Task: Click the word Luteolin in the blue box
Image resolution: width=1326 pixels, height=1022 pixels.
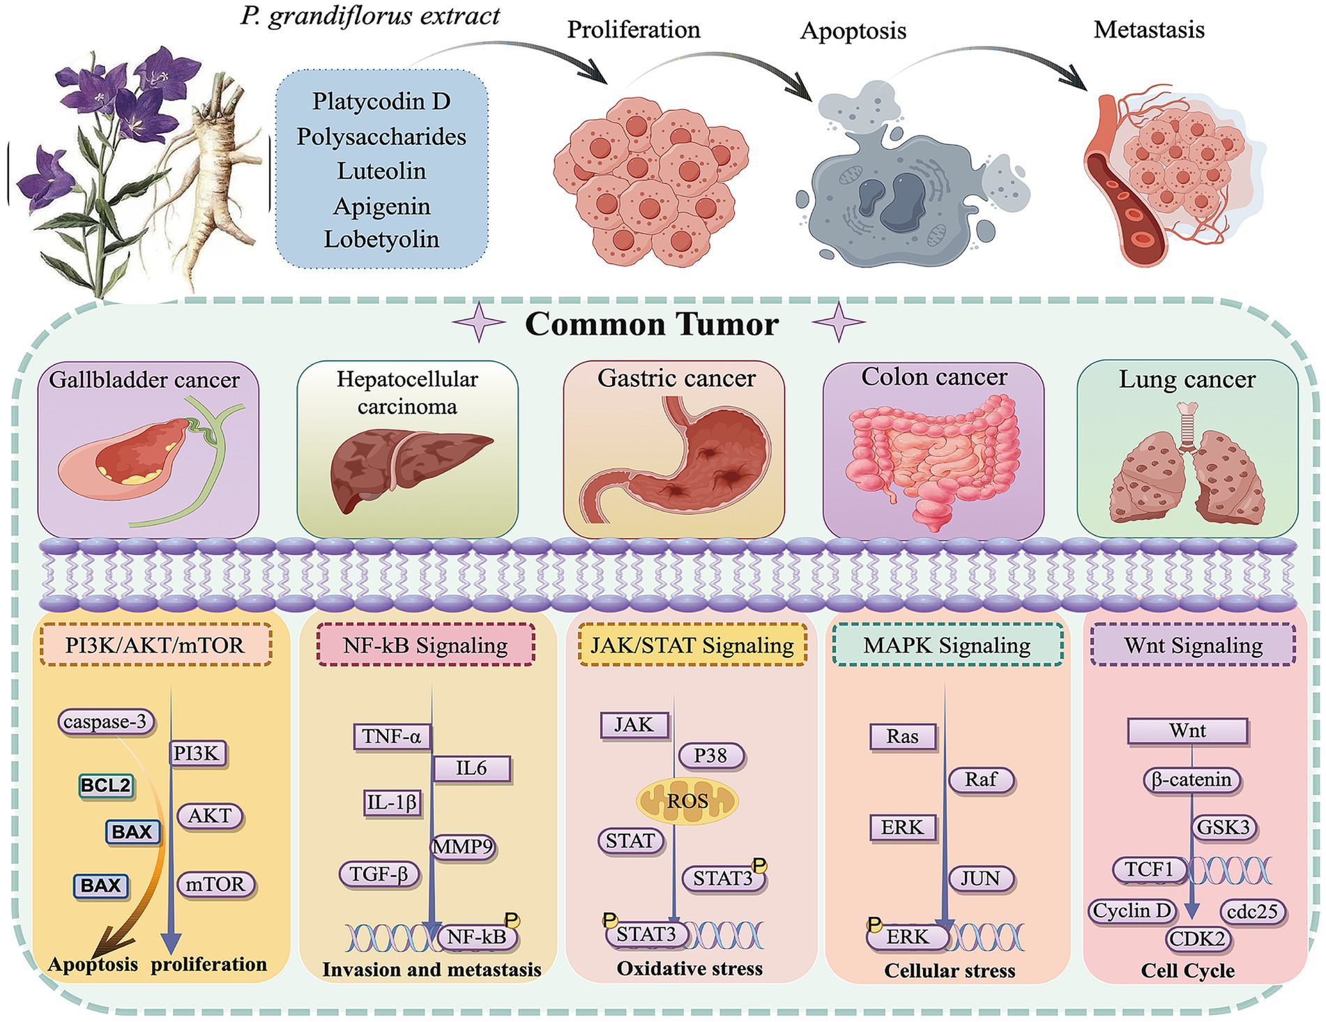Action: [381, 171]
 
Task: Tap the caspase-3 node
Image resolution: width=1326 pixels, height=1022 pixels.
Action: [105, 722]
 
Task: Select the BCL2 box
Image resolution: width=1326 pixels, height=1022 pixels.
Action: [105, 786]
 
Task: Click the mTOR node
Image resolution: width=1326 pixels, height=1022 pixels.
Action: [215, 884]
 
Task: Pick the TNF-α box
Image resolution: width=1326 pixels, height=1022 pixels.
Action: [392, 736]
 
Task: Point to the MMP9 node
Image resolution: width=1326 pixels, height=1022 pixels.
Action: [463, 847]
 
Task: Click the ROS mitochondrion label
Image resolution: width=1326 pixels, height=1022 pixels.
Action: [687, 801]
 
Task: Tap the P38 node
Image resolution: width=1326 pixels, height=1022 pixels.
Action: [710, 755]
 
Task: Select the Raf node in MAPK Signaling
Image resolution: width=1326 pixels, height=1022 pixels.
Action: [981, 779]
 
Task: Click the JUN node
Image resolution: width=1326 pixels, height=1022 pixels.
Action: [980, 878]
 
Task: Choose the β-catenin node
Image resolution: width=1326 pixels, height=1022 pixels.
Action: [1191, 779]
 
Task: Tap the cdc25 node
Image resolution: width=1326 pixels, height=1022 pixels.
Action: [1253, 911]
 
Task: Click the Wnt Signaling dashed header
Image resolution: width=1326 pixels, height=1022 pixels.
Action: [1193, 645]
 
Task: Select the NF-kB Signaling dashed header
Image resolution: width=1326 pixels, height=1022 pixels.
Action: [425, 645]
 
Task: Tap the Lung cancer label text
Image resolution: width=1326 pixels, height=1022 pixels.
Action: [1187, 379]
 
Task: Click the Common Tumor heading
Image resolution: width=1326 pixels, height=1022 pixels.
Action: [651, 324]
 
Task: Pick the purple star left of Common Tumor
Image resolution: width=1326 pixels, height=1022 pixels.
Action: [479, 323]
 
